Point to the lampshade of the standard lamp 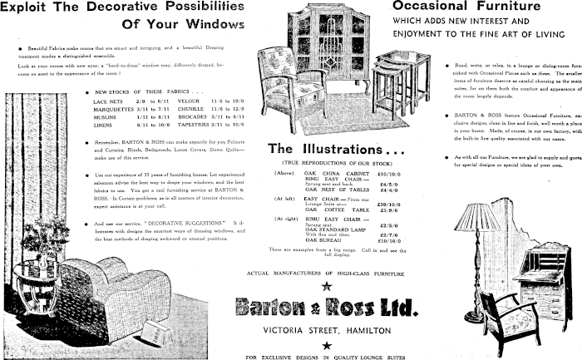(x=479, y=218)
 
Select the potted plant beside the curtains (x=37, y=241)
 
